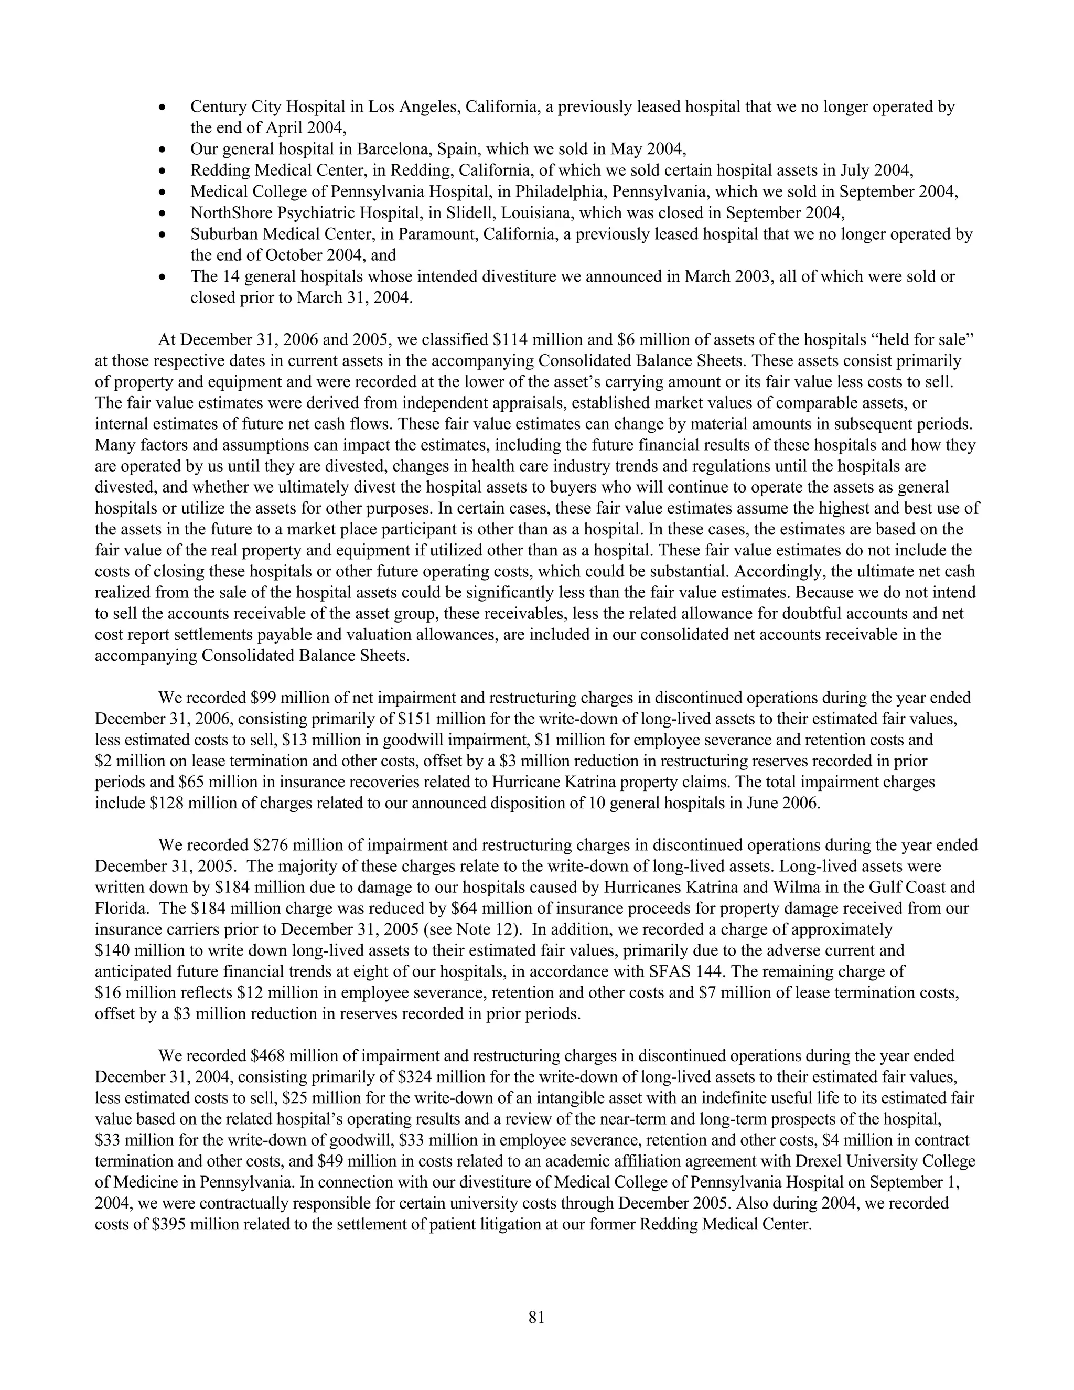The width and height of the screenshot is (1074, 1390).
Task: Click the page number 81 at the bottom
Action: point(536,1318)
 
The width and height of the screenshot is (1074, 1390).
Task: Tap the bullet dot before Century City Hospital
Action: point(164,108)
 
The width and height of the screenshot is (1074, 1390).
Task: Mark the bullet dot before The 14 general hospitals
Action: point(164,277)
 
